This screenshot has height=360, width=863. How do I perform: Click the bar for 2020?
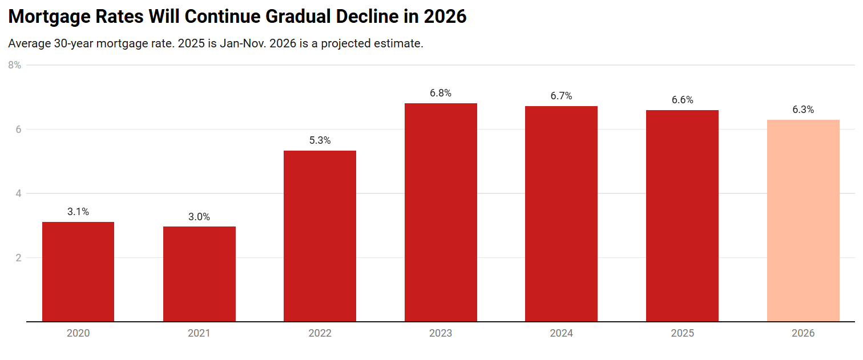point(78,272)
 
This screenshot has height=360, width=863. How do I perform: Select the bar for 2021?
point(199,274)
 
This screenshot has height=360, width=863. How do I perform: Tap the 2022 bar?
point(320,236)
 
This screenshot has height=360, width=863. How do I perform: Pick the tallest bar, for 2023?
point(441,212)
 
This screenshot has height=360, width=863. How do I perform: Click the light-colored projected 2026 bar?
point(803,220)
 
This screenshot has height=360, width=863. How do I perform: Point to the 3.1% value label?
point(78,212)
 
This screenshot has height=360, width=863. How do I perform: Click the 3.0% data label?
point(199,217)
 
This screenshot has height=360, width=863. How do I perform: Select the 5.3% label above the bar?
point(320,140)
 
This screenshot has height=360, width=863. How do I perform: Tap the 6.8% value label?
point(441,93)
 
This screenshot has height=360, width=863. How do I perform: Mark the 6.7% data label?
point(561,96)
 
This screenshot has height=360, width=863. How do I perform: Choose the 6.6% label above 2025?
point(682,100)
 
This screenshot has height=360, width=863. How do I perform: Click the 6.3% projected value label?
point(803,110)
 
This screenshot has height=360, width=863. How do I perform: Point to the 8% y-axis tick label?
point(15,65)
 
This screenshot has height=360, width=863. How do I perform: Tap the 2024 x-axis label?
point(561,333)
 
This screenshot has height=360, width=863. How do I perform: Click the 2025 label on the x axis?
point(682,333)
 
